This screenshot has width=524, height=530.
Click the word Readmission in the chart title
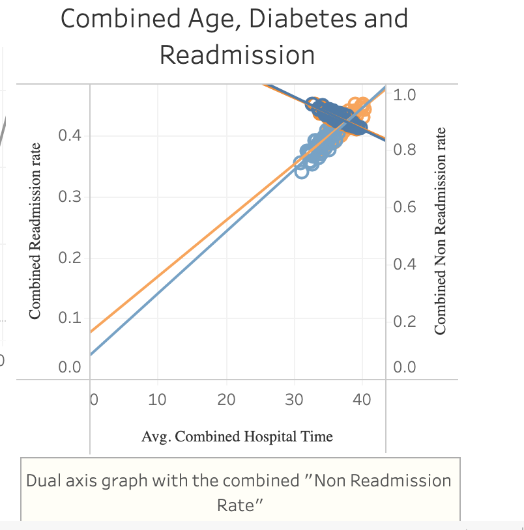tap(237, 55)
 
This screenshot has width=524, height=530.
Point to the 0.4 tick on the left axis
tap(68, 136)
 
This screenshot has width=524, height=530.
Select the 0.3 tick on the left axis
tap(68, 197)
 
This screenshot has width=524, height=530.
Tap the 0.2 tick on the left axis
tap(68, 258)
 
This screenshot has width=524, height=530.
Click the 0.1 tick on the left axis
tap(68, 319)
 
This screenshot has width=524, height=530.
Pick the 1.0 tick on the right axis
tap(405, 96)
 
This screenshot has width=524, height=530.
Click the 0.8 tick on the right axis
tap(405, 150)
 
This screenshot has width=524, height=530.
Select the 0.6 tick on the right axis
tap(405, 208)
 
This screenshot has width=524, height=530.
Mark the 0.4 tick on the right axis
tap(405, 265)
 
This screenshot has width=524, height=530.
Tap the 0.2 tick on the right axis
tap(405, 322)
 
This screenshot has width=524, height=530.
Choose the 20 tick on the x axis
tap(226, 399)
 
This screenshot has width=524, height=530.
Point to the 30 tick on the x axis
tap(295, 399)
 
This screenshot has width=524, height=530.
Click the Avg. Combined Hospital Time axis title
tap(237, 436)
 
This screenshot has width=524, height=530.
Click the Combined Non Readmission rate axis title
tap(441, 230)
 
